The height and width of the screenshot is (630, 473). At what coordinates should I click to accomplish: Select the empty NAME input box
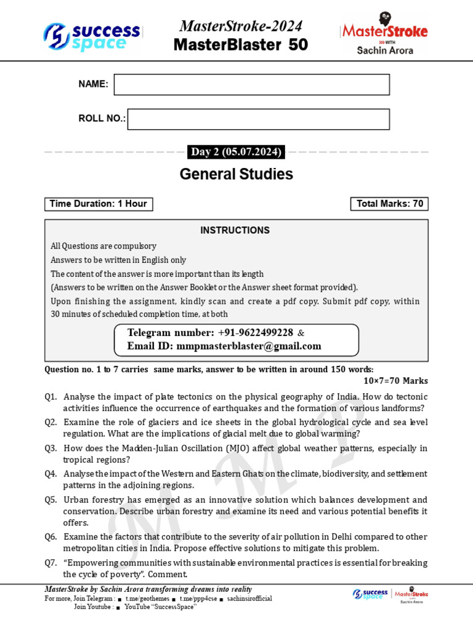tap(251, 85)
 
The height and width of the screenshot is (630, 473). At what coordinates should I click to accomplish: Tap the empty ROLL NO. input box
tap(258, 119)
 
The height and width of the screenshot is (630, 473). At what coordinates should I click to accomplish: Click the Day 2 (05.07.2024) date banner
tap(236, 152)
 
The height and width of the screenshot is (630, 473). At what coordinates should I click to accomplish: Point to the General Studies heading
tap(236, 175)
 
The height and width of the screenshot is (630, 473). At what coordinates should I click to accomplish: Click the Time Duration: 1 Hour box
tap(99, 204)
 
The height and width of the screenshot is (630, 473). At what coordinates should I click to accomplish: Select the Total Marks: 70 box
tap(389, 204)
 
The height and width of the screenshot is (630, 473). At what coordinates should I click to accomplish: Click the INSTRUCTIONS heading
tap(235, 231)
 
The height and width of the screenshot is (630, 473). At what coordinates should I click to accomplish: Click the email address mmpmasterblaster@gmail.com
tap(249, 346)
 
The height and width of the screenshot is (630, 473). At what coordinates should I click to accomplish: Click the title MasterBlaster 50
tap(241, 45)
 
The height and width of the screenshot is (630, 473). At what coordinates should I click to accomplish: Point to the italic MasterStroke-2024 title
tap(241, 26)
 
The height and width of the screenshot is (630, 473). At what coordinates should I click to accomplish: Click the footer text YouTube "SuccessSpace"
tap(160, 607)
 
